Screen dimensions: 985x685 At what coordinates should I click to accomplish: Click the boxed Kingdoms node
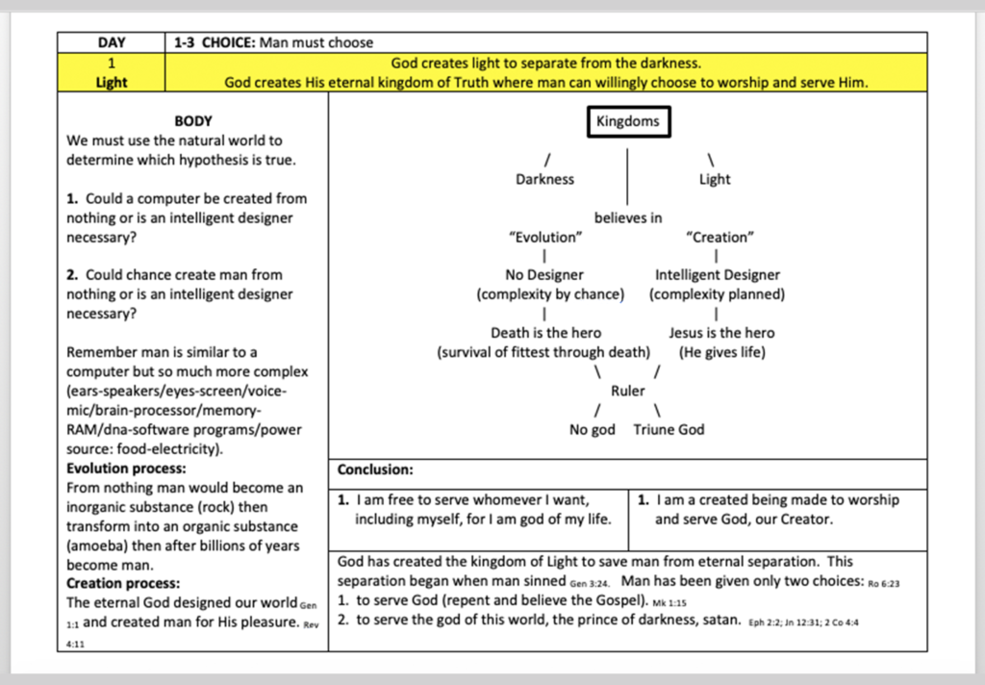(629, 121)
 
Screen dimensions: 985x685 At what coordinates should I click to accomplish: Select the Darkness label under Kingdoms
(544, 179)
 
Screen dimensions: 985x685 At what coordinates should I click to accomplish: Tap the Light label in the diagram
(715, 179)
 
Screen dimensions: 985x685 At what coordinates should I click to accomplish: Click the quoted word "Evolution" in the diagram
(545, 238)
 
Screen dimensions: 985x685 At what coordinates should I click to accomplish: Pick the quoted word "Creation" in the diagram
(720, 238)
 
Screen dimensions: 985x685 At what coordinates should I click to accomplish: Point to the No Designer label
(544, 275)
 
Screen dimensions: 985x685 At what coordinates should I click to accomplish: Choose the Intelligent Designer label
(718, 275)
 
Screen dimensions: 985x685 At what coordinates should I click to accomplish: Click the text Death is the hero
(546, 333)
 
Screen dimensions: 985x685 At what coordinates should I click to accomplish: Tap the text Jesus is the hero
(721, 333)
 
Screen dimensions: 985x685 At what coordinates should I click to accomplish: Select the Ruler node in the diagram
(628, 391)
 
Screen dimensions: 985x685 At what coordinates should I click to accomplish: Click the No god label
(592, 430)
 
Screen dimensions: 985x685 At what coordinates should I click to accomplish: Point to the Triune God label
(669, 430)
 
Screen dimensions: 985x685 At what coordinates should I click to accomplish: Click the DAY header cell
(112, 42)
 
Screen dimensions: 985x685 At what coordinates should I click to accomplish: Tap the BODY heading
(193, 120)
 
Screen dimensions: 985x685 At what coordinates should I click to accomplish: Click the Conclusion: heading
(375, 470)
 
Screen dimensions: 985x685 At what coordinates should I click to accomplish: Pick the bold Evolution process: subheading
(126, 469)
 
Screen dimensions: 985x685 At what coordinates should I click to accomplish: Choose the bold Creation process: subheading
(123, 584)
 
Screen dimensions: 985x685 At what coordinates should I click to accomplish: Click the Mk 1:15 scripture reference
(669, 603)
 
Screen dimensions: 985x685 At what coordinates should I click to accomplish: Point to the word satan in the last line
(721, 620)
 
